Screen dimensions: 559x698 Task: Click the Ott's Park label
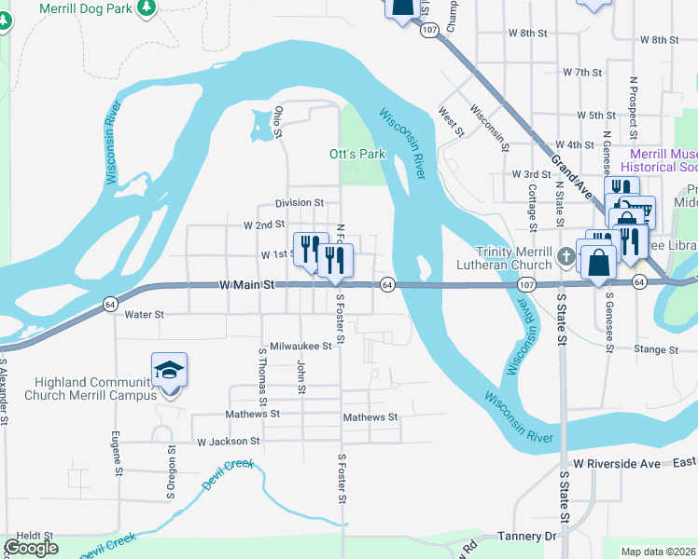(357, 154)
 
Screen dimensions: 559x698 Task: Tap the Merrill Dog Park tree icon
(146, 7)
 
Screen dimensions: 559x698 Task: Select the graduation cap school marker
(169, 371)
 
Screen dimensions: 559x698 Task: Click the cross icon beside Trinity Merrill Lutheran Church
(564, 256)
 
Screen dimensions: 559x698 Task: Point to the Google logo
(31, 548)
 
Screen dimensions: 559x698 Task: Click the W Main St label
(247, 285)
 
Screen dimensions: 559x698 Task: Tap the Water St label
(144, 315)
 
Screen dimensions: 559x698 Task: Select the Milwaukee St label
(300, 346)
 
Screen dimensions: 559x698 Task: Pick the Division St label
(299, 202)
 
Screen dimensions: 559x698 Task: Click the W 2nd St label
(263, 225)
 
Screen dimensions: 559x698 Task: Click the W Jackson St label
(228, 442)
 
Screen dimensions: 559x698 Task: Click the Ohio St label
(278, 122)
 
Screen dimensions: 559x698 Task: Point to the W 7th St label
(582, 72)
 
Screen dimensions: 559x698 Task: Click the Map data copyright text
(659, 552)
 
